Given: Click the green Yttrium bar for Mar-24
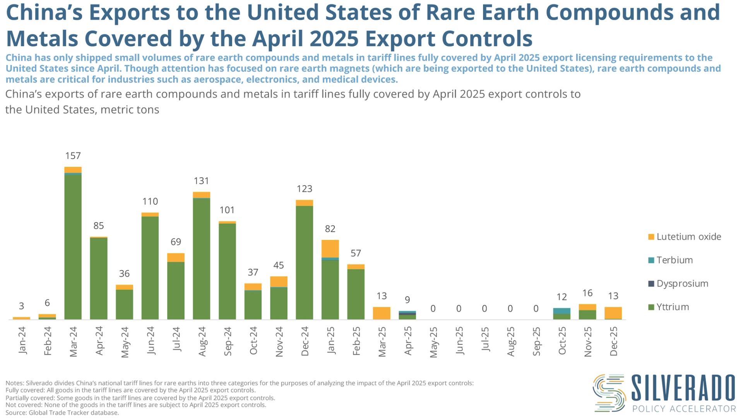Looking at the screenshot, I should pos(73,248).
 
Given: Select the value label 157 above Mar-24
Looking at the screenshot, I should pos(73,156).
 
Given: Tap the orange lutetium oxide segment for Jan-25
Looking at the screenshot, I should pos(330,248).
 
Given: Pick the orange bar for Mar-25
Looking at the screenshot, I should pos(382,313).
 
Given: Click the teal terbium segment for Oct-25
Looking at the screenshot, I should pos(562,311).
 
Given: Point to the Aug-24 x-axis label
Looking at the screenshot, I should pos(202,341).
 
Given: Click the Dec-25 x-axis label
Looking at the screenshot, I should pos(613,341).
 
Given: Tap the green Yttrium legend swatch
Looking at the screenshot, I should pos(651,307).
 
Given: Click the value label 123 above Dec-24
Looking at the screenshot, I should pos(304,189).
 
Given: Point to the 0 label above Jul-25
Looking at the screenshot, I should pos(484,308).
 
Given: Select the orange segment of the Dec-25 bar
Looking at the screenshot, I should pos(613,313).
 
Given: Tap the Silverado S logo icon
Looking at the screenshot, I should pos(609,393).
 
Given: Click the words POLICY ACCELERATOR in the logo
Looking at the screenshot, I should pos(684,409).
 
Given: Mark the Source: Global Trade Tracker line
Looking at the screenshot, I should pos(62,413).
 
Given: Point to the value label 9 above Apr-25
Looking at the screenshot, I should pos(407,300).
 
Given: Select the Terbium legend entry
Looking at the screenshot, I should pos(674,260).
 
